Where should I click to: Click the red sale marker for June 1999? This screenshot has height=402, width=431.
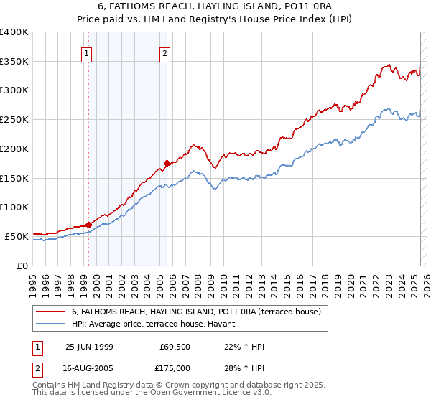tap(88, 225)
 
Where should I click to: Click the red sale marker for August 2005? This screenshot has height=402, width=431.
tap(167, 163)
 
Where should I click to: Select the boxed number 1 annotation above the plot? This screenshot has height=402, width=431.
tap(87, 53)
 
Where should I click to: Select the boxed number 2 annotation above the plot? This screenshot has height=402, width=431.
tap(165, 53)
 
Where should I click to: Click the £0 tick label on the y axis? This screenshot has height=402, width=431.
tap(23, 265)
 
